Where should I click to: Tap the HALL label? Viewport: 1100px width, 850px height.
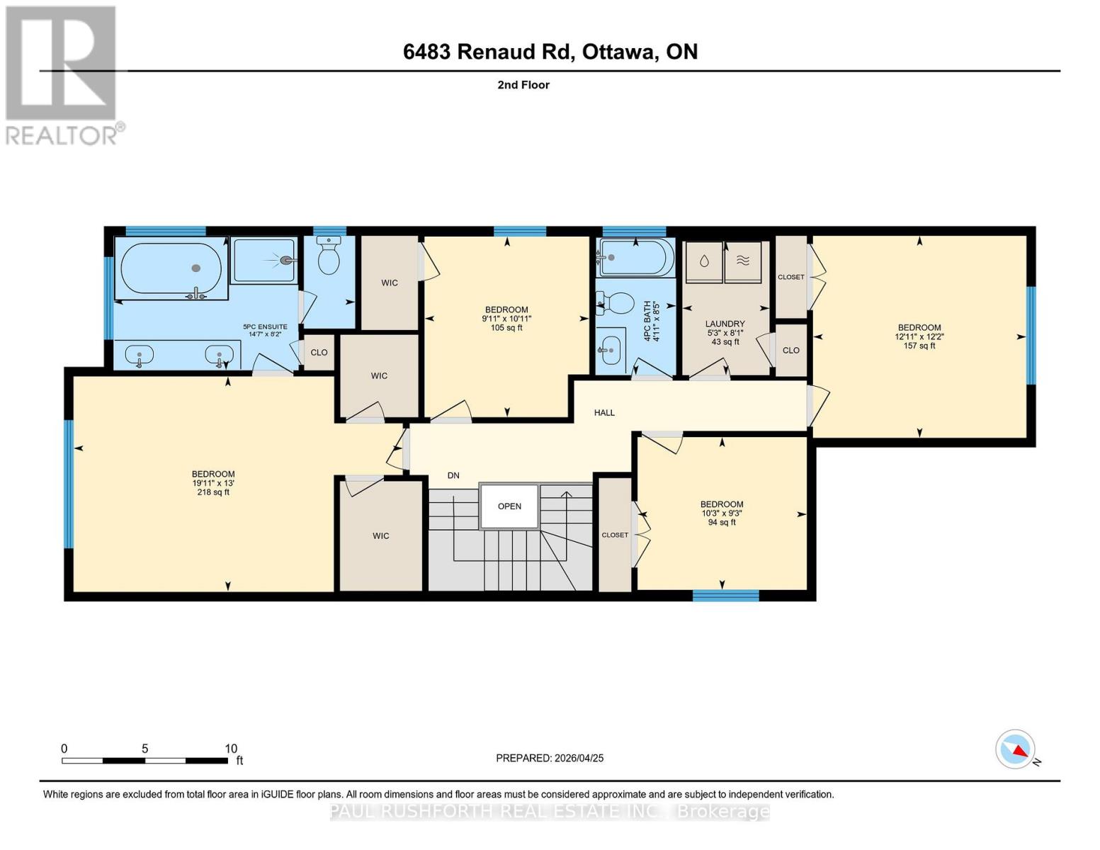[x=604, y=412]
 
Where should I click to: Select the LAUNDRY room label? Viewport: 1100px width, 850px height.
[x=725, y=324]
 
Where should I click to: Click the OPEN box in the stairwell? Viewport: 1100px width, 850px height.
[x=509, y=506]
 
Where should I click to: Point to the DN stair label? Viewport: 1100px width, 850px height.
[x=453, y=475]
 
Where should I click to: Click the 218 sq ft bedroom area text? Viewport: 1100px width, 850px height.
[x=213, y=492]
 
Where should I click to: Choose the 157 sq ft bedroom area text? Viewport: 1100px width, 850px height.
[x=919, y=346]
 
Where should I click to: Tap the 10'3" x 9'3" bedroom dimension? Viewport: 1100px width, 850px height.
[x=721, y=513]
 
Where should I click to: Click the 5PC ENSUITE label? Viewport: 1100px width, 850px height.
[x=265, y=327]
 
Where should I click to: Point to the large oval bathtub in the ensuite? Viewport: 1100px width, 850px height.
[x=171, y=268]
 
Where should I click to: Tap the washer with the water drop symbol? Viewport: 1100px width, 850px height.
[x=703, y=262]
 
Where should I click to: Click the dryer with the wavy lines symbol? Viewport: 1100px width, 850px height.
[x=742, y=262]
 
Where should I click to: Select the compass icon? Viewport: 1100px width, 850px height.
[x=1016, y=749]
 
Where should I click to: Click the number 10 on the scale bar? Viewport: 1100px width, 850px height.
[x=231, y=749]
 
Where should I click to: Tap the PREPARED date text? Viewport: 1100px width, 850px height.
[x=550, y=758]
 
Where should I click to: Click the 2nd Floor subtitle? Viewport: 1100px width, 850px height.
[x=523, y=85]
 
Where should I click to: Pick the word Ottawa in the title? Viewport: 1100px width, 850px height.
[x=618, y=52]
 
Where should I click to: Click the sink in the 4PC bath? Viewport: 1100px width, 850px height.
[x=610, y=350]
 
